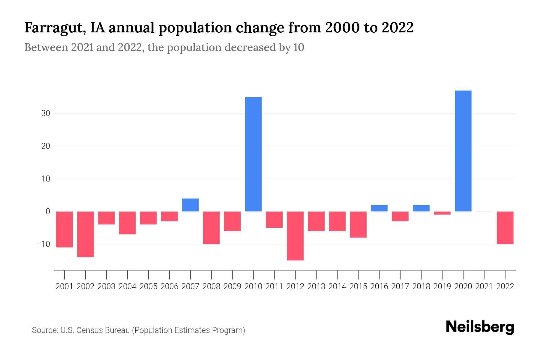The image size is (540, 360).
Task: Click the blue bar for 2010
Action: [253, 154]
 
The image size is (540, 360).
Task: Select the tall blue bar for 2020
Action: [463, 151]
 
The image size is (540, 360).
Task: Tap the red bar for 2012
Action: [295, 236]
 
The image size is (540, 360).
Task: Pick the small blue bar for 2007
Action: [190, 205]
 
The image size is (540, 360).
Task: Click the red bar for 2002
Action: [85, 234]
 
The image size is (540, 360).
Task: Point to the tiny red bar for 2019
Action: [442, 213]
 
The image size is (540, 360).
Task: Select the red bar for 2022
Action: [505, 228]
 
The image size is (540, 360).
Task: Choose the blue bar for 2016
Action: [379, 208]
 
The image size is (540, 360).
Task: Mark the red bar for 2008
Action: [211, 228]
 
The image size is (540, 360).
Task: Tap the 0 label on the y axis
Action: [48, 211]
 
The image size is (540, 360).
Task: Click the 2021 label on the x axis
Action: [484, 286]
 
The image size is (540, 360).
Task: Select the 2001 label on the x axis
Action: [64, 286]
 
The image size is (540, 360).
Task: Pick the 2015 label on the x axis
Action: [358, 286]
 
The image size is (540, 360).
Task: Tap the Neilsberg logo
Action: [480, 327]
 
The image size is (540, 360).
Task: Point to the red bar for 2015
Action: [358, 224]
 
